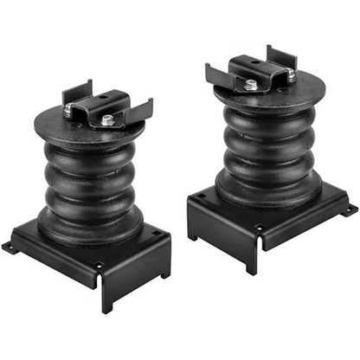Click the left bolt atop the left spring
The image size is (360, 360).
coord(68,109)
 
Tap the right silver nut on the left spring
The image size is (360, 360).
coord(106,121)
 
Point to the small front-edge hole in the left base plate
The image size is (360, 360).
coord(99,265)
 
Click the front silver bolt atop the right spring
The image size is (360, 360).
coord(250,85)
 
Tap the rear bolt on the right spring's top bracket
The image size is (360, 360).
coord(291,76)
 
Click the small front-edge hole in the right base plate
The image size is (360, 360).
coord(259,228)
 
